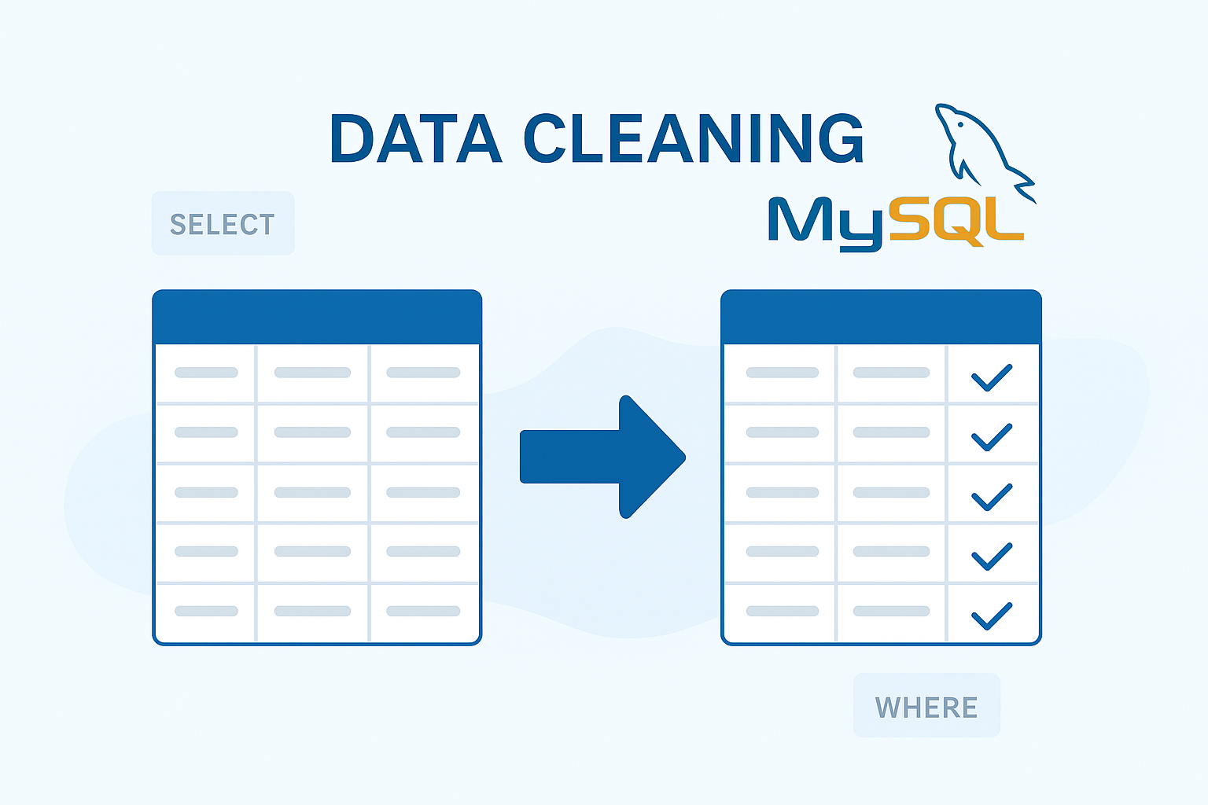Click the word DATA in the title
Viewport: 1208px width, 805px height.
tap(415, 139)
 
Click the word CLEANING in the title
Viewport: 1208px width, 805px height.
tap(694, 139)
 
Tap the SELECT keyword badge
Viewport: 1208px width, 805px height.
tap(223, 224)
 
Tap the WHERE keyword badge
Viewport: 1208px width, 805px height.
tap(926, 707)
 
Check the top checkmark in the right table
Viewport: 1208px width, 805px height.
tap(992, 377)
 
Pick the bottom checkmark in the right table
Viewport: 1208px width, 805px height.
tap(992, 615)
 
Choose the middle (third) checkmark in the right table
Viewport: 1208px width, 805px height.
tap(992, 496)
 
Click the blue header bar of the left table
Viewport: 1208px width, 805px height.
tap(317, 317)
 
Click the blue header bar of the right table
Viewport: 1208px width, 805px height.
tap(881, 317)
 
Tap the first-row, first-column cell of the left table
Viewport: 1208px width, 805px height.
tap(206, 373)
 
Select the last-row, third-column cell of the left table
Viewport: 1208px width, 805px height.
tap(423, 612)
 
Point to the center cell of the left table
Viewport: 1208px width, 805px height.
tap(312, 493)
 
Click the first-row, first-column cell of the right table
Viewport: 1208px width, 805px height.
tap(782, 373)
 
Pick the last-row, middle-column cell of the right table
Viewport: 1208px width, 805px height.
tap(891, 612)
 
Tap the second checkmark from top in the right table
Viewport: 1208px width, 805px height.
tap(992, 436)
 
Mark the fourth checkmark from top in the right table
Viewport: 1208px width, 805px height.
tap(992, 556)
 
